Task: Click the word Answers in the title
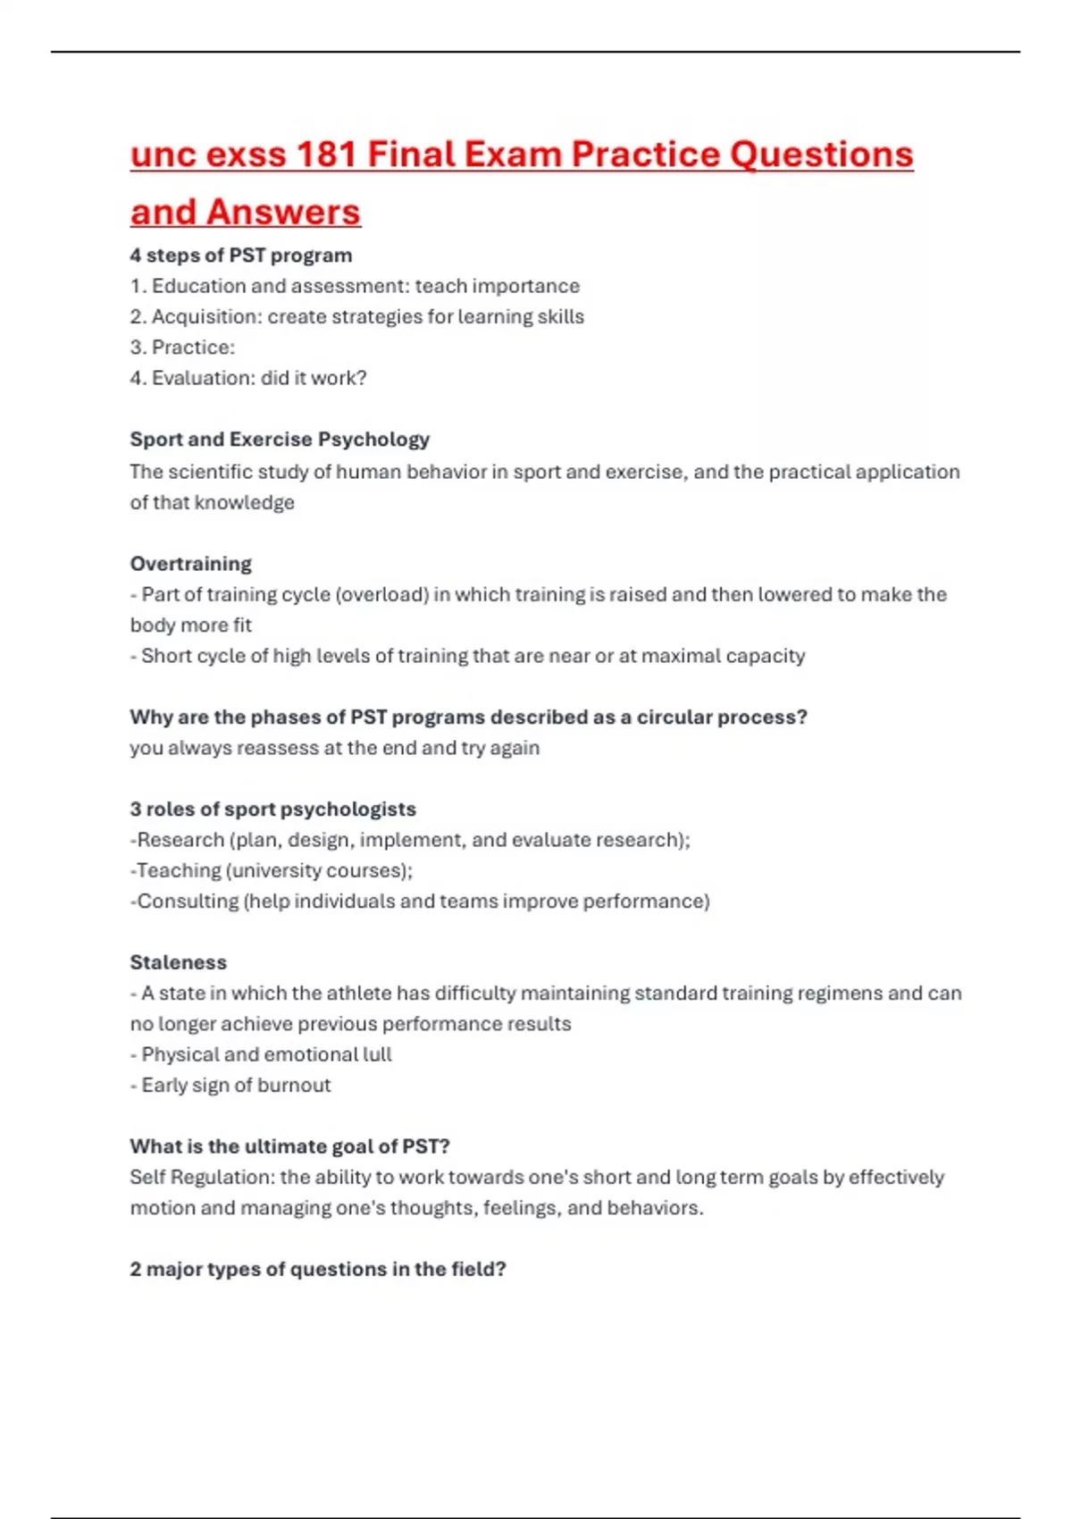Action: click(283, 213)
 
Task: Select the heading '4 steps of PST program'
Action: click(240, 256)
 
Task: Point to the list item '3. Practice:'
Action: click(182, 348)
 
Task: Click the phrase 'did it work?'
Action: click(314, 378)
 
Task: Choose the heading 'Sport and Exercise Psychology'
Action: click(280, 440)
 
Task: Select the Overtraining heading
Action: click(190, 564)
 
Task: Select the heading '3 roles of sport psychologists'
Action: click(272, 810)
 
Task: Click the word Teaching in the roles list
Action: click(179, 870)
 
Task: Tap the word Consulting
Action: click(188, 902)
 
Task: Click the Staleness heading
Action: click(178, 962)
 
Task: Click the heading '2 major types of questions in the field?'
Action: click(317, 1270)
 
